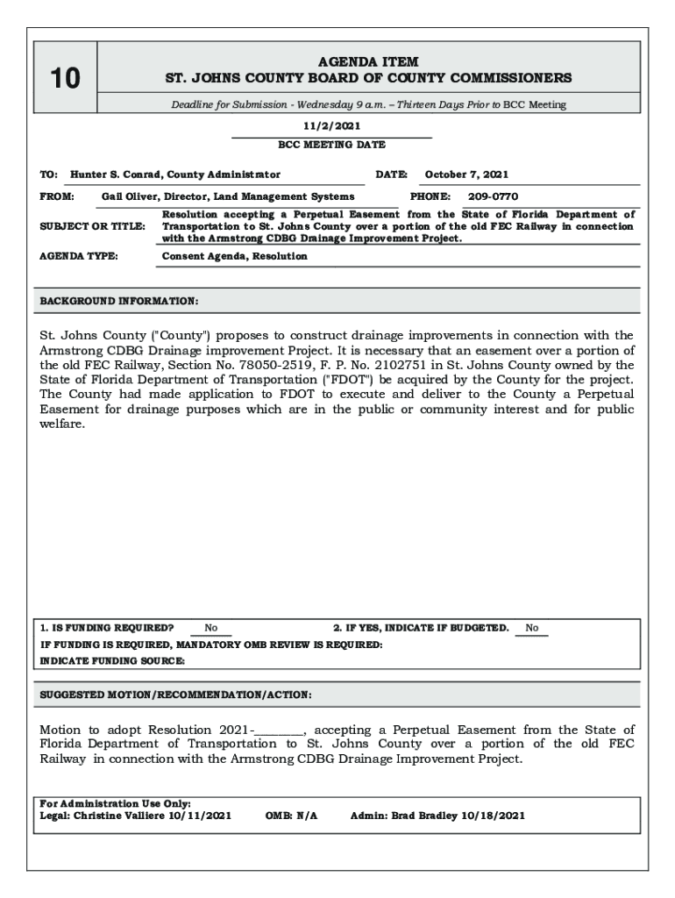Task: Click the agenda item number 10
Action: [x=65, y=80]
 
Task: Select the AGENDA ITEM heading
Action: [x=368, y=61]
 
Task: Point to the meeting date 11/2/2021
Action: [x=331, y=126]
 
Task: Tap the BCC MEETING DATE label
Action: [x=331, y=145]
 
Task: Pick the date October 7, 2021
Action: [x=466, y=175]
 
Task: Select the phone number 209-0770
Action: [x=493, y=197]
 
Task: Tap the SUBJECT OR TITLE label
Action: [x=93, y=227]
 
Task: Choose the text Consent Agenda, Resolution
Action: [x=235, y=256]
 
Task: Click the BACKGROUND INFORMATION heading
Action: [x=119, y=302]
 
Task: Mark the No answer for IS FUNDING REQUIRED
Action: [x=211, y=628]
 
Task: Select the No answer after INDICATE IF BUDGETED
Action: [x=531, y=628]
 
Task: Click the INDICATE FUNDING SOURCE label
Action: [x=112, y=661]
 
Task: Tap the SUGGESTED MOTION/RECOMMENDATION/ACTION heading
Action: [x=175, y=695]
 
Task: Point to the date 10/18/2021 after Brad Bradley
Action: [x=494, y=816]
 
